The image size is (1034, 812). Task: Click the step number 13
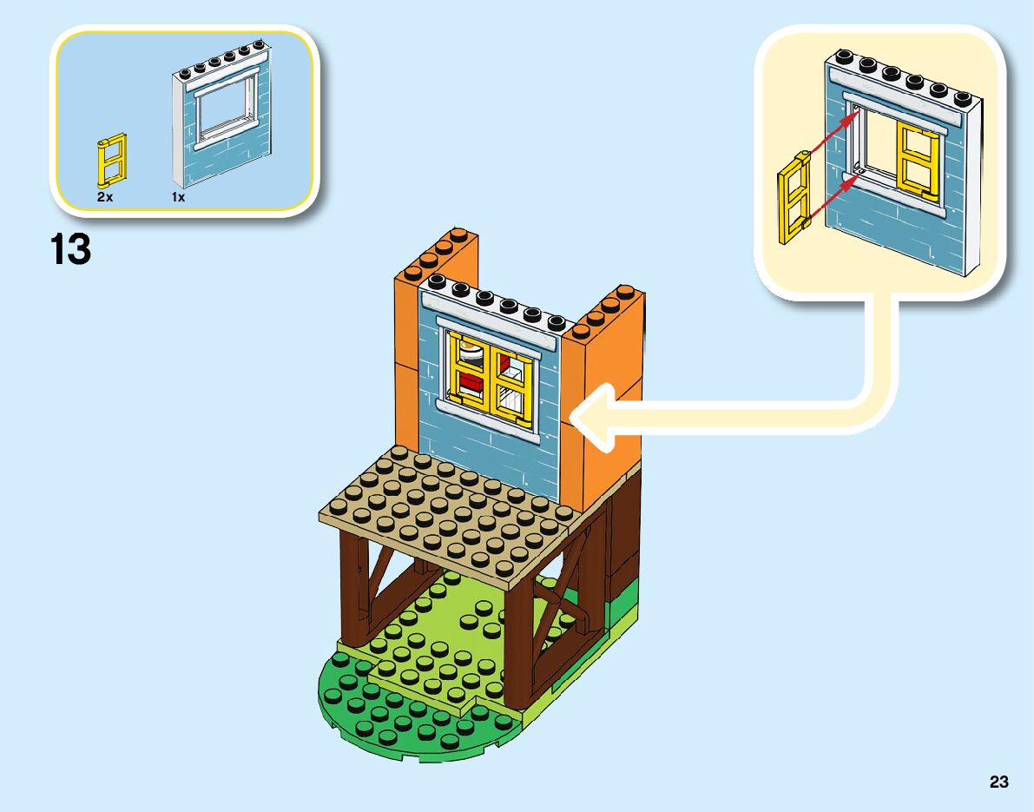click(71, 250)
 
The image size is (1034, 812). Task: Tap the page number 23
click(998, 782)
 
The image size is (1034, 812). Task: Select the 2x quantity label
click(105, 197)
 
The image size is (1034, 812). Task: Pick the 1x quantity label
click(178, 197)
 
